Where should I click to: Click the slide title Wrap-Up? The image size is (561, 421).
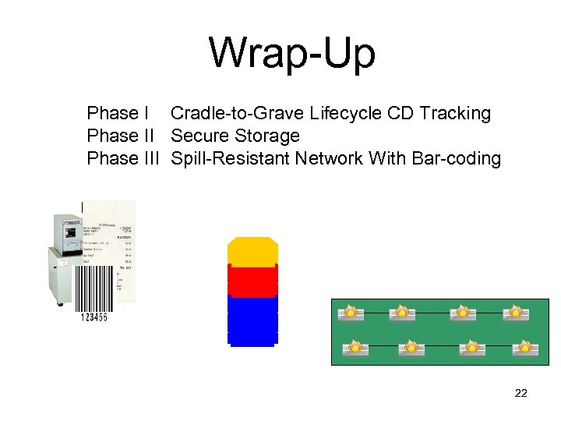pos(291,54)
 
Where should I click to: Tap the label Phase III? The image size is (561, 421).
pos(123,159)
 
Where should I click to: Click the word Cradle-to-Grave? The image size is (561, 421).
pos(237,114)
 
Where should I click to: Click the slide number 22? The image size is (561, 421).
pos(521,393)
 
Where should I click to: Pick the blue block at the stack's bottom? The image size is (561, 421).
pos(252,320)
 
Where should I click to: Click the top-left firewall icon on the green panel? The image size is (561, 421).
pos(351,313)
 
